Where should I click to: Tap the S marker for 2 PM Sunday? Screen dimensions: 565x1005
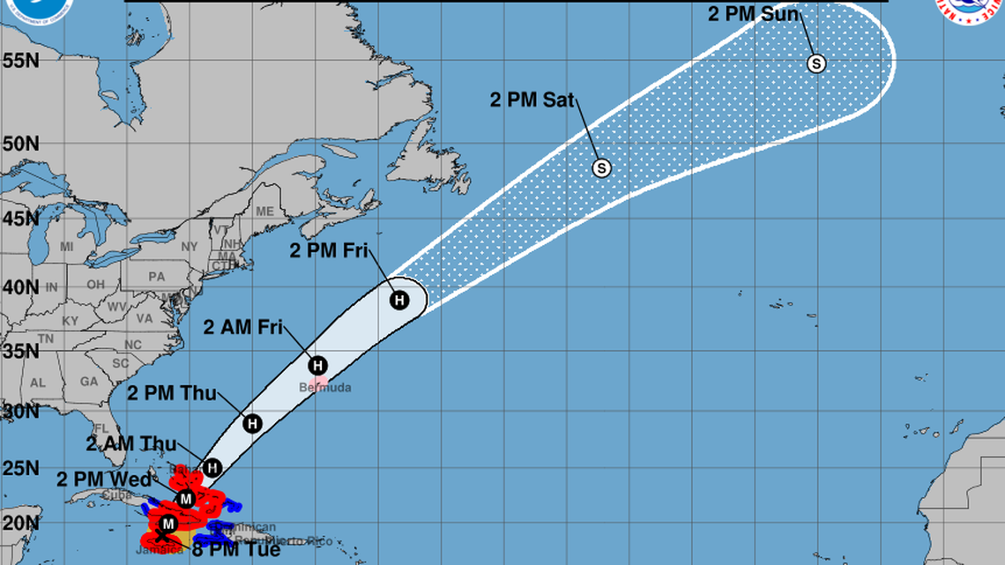tap(816, 63)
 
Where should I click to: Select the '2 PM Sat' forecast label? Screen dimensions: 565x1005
tap(531, 99)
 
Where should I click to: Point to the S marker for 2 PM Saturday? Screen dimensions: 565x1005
tap(601, 167)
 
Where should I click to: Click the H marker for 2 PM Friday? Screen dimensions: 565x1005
tap(399, 300)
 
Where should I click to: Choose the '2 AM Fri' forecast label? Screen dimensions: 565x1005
tap(242, 327)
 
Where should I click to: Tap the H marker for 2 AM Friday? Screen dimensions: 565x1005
tap(317, 365)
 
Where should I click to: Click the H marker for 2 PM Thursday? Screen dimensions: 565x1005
tap(253, 423)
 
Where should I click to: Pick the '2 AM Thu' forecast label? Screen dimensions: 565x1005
tap(131, 443)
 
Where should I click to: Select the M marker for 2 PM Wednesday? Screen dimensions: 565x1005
tap(185, 499)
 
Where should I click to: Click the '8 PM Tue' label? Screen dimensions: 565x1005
tap(236, 551)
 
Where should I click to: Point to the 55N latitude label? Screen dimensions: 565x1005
tap(19, 61)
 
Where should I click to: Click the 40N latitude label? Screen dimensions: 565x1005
tap(19, 287)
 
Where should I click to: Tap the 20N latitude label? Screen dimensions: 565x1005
tap(19, 522)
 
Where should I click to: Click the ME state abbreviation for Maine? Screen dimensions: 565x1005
tap(264, 212)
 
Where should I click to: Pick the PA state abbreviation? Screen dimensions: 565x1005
tap(157, 276)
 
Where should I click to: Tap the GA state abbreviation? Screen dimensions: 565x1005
tap(88, 382)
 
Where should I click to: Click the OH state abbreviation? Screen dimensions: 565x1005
tap(96, 285)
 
